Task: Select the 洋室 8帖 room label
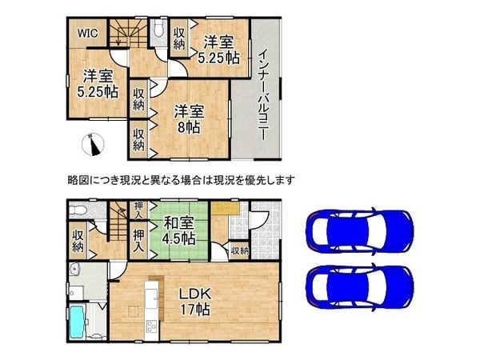pyautogui.click(x=187, y=118)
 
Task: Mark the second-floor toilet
pyautogui.click(x=158, y=31)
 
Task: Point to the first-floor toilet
pyautogui.click(x=77, y=211)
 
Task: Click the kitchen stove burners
pyautogui.click(x=151, y=326)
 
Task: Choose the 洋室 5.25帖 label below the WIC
pyautogui.click(x=95, y=85)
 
